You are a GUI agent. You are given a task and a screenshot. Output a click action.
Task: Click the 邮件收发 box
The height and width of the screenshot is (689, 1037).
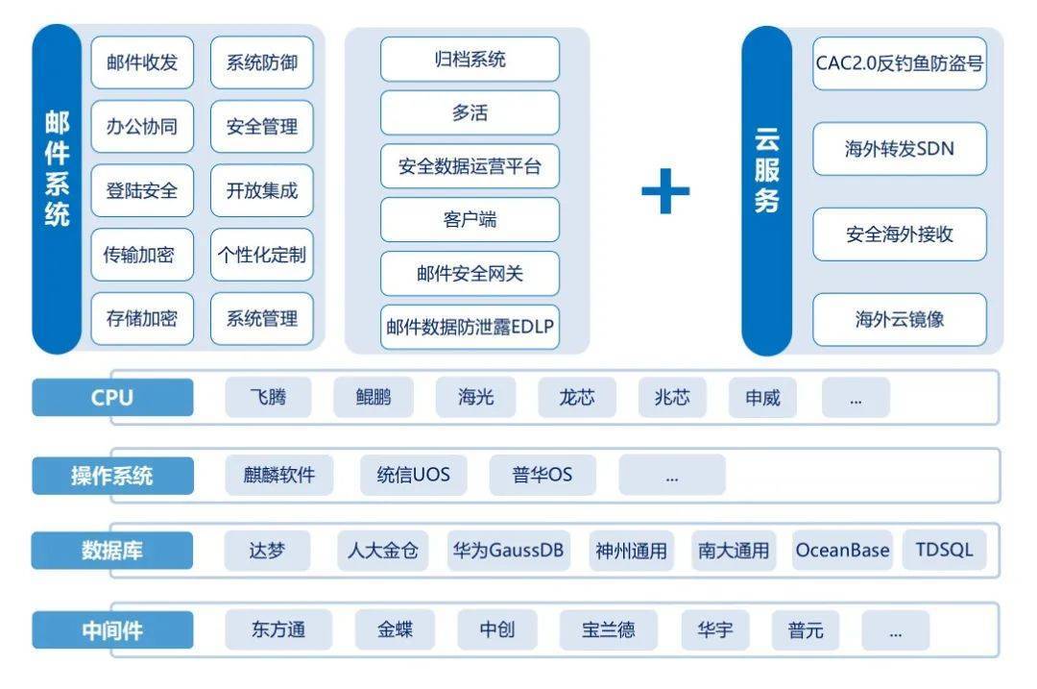(x=142, y=62)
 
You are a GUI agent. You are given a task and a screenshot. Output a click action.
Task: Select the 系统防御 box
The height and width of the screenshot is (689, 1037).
(x=261, y=62)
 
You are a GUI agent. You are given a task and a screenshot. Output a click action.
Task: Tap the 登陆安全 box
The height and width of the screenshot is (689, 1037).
(x=142, y=190)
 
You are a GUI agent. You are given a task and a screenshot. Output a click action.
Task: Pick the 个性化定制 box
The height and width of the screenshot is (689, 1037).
(x=261, y=255)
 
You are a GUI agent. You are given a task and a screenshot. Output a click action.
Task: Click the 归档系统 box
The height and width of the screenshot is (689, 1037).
(x=470, y=60)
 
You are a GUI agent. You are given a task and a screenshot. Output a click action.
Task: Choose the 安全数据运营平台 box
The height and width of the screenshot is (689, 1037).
(x=470, y=166)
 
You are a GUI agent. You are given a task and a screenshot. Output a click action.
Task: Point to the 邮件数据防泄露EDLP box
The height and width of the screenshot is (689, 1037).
(x=470, y=327)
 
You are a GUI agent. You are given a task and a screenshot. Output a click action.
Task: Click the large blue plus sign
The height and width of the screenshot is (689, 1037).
(x=665, y=191)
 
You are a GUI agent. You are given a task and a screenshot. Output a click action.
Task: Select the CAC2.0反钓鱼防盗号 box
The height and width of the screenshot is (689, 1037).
(x=899, y=63)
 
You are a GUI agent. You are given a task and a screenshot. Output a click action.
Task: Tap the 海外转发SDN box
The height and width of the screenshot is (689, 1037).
(x=899, y=149)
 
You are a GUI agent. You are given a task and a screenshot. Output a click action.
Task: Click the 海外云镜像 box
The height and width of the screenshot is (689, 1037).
(x=899, y=319)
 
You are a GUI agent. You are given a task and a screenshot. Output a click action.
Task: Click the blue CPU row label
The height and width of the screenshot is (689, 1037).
(x=112, y=397)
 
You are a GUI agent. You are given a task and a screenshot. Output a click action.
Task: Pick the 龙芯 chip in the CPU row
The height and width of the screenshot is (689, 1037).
(x=577, y=398)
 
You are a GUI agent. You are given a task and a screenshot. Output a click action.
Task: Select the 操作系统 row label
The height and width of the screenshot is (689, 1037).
(x=112, y=475)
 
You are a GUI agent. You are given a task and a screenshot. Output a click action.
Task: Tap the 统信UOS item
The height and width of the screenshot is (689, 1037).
(x=413, y=475)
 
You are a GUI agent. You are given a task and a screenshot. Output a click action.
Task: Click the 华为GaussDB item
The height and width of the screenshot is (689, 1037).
(x=508, y=551)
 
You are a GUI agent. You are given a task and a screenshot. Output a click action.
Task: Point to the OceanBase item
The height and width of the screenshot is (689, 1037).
(x=842, y=551)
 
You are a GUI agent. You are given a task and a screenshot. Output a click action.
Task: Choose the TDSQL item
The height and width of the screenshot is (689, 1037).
(x=944, y=551)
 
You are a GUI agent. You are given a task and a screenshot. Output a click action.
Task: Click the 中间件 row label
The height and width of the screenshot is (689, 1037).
(x=112, y=630)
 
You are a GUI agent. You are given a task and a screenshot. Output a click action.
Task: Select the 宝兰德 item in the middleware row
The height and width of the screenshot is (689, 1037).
(x=608, y=630)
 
